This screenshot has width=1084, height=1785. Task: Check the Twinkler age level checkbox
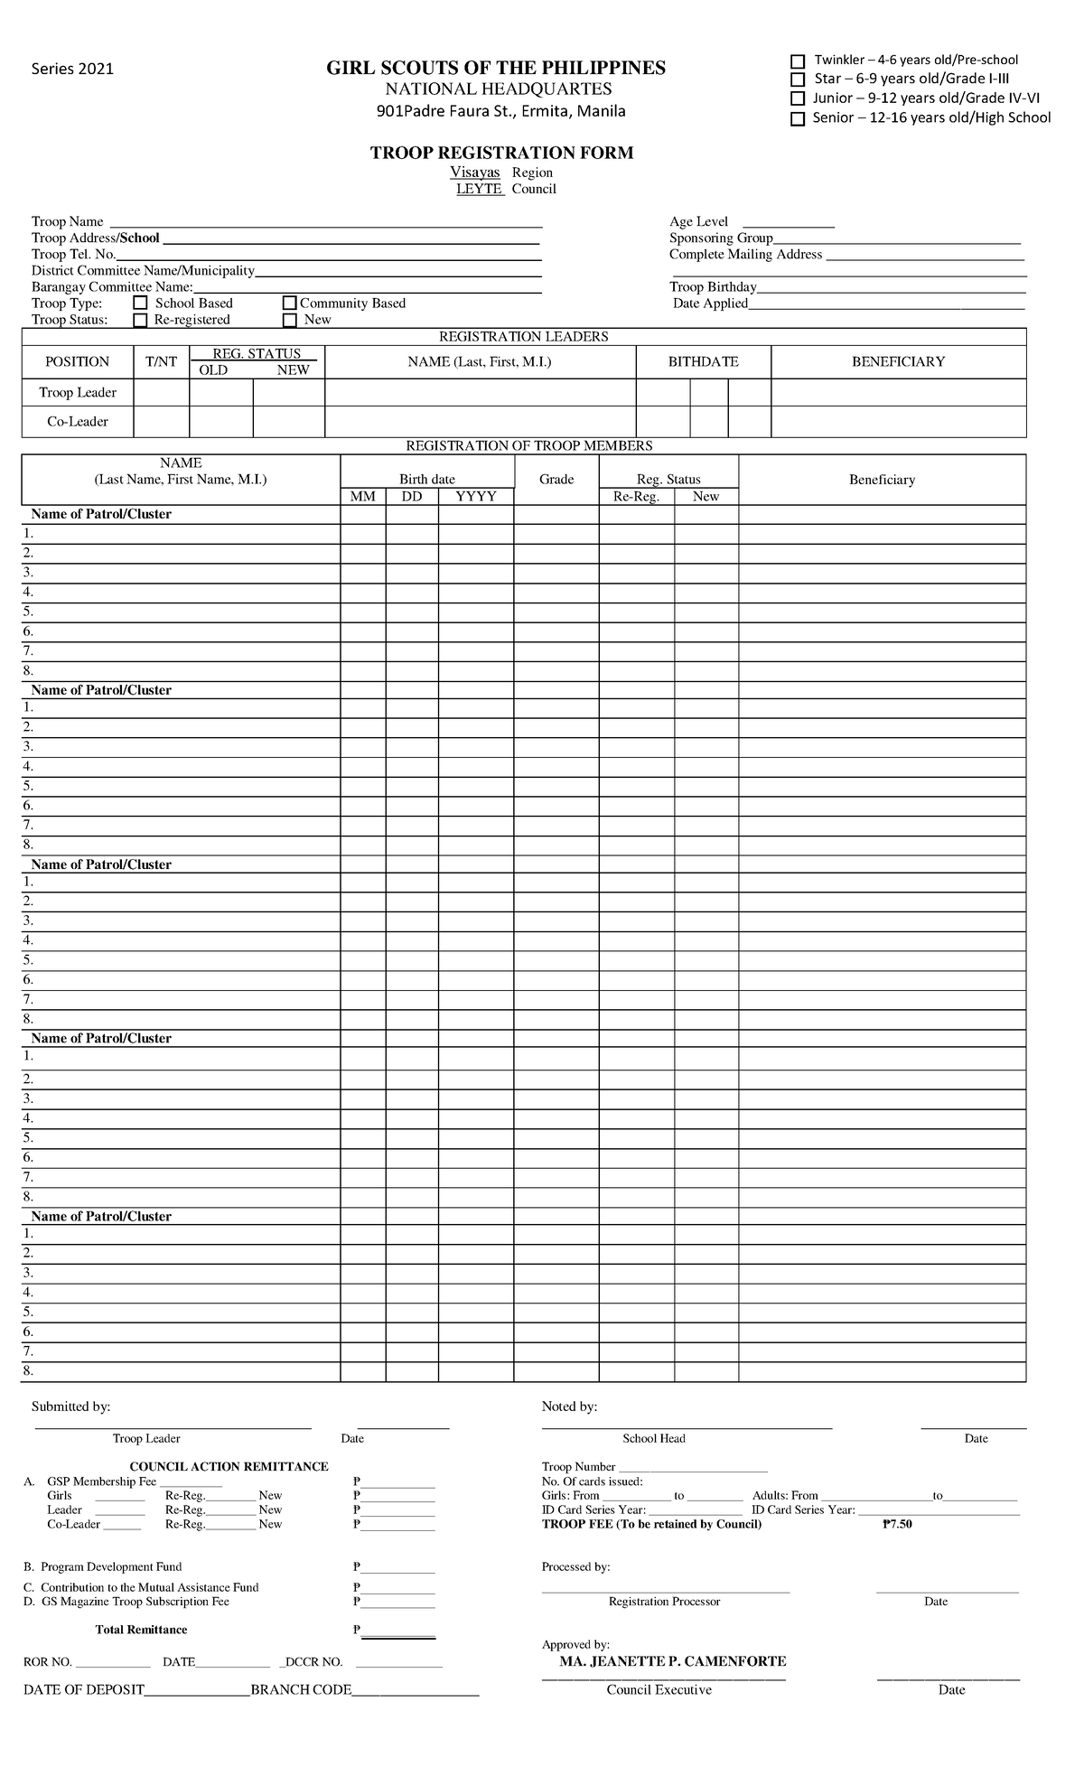click(798, 61)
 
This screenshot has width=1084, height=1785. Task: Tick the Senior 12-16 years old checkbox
click(798, 119)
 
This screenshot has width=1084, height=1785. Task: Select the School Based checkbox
click(140, 304)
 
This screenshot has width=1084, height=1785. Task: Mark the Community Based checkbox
click(290, 304)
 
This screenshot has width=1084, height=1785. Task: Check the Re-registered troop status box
click(140, 320)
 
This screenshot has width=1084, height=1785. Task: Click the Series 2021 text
click(73, 70)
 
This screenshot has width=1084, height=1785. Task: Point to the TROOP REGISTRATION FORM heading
click(501, 153)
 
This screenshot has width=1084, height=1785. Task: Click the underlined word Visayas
click(475, 173)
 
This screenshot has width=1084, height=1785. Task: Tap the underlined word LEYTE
click(480, 189)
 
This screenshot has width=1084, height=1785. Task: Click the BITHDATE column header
click(703, 361)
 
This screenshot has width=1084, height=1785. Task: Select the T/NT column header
click(162, 361)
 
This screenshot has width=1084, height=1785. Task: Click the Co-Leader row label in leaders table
click(78, 421)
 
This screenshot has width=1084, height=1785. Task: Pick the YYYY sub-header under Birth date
click(476, 496)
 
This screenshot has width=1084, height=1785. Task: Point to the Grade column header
click(556, 479)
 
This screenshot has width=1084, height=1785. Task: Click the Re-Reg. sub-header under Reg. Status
click(636, 496)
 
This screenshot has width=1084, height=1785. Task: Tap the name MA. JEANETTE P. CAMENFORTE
click(673, 1661)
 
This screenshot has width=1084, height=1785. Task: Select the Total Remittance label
click(141, 1630)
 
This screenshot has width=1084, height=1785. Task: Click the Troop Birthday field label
click(713, 287)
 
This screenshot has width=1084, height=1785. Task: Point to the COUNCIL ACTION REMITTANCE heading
click(229, 1466)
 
